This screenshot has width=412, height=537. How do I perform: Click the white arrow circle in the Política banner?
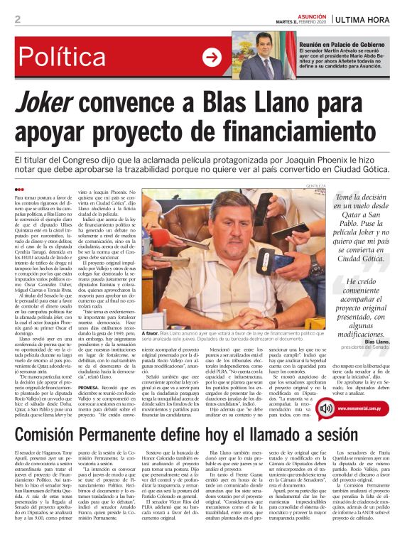pyautogui.click(x=212, y=57)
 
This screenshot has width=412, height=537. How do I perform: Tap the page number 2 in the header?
pyautogui.click(x=17, y=18)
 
